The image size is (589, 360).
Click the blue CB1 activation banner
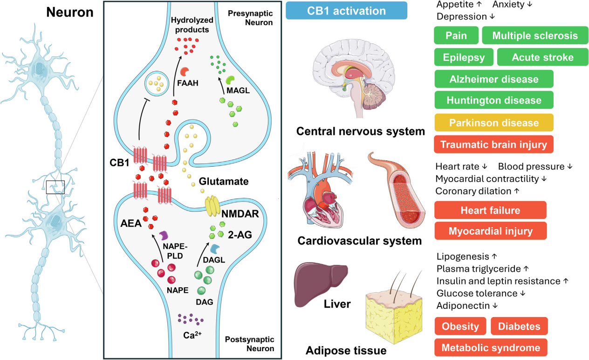[346, 10]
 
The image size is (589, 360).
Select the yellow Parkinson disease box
[493, 123]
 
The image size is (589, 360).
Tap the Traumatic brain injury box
[493, 144]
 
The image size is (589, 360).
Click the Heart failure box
[490, 211]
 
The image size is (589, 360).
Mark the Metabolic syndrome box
[490, 347]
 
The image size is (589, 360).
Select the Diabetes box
[519, 326]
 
